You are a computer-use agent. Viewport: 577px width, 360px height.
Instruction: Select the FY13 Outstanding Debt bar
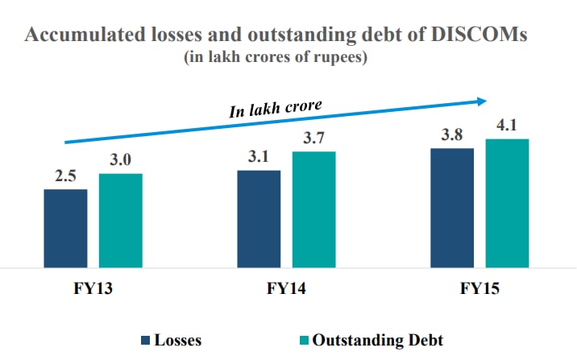tap(121, 219)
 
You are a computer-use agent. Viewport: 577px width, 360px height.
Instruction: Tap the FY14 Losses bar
tap(259, 217)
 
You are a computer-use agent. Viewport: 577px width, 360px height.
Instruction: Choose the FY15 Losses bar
tap(452, 207)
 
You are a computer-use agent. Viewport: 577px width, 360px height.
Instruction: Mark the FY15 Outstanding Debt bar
tap(507, 202)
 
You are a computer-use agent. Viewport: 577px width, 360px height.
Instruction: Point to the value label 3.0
tap(121, 161)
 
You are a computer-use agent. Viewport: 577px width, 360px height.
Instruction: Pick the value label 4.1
tap(507, 126)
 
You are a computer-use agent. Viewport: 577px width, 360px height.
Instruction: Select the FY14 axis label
tap(286, 288)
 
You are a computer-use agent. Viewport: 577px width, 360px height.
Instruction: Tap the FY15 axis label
tap(479, 288)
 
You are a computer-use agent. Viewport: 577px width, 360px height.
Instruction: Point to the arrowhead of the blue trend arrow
tap(482, 101)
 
